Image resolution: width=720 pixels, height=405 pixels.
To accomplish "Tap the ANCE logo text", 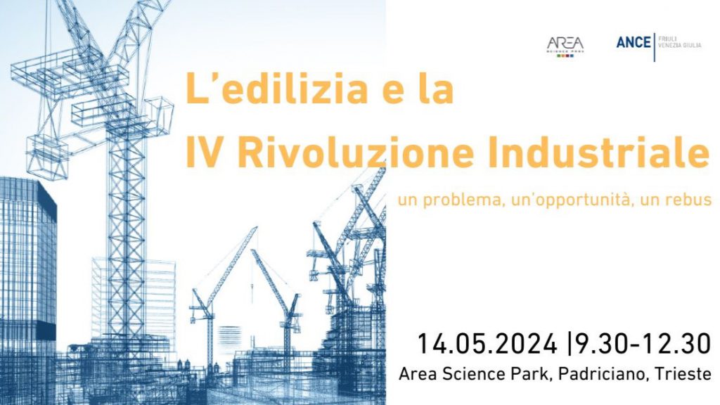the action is click(x=634, y=42).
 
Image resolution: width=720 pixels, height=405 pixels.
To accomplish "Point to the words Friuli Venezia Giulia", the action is click(x=680, y=41).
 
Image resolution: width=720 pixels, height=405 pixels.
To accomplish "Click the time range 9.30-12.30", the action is click(x=643, y=344).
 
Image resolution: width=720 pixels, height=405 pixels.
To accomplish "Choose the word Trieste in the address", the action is click(x=682, y=374).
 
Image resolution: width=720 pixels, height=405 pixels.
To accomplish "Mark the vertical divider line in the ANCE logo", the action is click(x=655, y=47).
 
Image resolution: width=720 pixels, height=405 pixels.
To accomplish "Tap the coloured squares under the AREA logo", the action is click(x=565, y=56).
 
